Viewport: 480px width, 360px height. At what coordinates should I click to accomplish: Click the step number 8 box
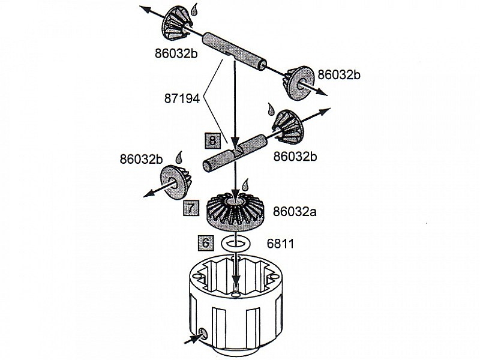[x=212, y=140]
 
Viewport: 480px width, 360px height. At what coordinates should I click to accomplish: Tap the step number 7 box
[x=191, y=208]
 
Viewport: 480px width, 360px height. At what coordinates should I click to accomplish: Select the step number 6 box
[x=206, y=243]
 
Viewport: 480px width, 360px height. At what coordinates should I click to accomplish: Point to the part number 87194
[x=182, y=98]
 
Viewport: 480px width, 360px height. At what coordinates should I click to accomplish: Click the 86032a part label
[x=295, y=211]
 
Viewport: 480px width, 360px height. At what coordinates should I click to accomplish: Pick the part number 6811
[x=280, y=244]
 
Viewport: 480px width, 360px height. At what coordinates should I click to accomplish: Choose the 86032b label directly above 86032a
[x=295, y=157]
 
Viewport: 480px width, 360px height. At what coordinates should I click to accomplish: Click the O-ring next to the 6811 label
[x=236, y=244]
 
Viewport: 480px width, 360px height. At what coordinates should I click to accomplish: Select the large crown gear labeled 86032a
[x=236, y=212]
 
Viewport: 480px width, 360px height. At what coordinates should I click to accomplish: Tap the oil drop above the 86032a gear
[x=245, y=185]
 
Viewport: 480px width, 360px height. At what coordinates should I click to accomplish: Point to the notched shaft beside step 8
[x=236, y=152]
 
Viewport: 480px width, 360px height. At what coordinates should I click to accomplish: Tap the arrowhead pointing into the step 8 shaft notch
[x=235, y=143]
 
